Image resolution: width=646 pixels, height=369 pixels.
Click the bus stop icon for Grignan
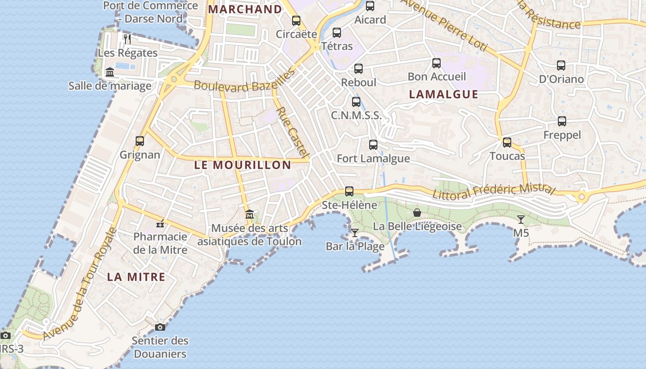click(140, 141)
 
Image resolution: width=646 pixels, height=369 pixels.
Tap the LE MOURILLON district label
click(242, 165)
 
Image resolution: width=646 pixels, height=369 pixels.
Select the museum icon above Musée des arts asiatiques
click(250, 214)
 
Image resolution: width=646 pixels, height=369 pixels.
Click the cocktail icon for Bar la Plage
click(354, 232)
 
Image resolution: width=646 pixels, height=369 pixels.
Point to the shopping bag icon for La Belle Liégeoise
click(417, 213)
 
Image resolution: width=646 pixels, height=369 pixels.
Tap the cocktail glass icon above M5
click(521, 220)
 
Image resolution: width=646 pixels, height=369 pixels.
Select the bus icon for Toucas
click(507, 143)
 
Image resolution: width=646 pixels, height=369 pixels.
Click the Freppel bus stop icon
click(562, 121)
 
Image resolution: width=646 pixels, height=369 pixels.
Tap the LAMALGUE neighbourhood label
click(443, 95)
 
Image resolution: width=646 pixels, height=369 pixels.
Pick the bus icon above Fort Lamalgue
click(373, 145)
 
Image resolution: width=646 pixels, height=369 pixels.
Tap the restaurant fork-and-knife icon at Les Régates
click(127, 39)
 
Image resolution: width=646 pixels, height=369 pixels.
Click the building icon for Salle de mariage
click(110, 72)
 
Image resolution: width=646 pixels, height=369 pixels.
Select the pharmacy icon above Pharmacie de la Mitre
click(160, 224)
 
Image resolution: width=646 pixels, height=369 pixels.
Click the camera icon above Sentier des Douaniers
click(160, 327)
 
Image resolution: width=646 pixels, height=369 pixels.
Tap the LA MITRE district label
click(136, 277)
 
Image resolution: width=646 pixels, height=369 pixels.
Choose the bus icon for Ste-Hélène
click(349, 191)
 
